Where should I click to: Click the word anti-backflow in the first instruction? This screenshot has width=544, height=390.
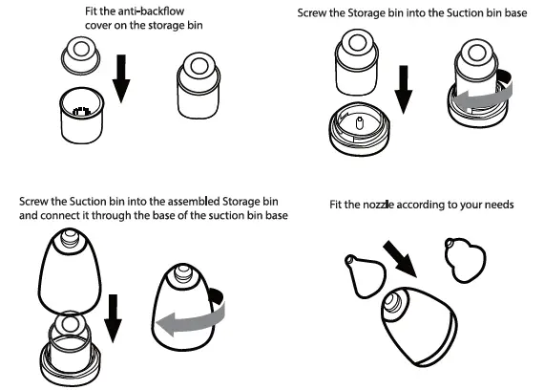(x=151, y=11)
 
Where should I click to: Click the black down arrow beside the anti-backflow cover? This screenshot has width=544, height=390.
(x=121, y=78)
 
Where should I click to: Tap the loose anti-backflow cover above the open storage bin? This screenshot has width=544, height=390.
(x=81, y=56)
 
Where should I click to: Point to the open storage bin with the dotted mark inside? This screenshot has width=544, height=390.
(x=82, y=116)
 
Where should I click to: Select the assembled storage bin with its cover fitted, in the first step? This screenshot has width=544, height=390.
(x=199, y=85)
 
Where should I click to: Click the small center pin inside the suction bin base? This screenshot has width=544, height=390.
(x=360, y=122)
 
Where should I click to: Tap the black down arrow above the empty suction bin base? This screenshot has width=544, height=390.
(x=404, y=90)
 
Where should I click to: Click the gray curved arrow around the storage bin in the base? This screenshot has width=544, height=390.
(x=483, y=92)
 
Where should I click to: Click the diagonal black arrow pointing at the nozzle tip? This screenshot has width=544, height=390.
(x=401, y=259)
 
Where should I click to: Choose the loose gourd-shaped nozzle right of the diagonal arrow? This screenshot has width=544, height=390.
(x=466, y=259)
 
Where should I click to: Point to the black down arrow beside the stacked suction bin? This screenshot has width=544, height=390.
(x=113, y=318)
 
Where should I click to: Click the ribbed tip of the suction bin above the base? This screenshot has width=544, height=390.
(x=70, y=237)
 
